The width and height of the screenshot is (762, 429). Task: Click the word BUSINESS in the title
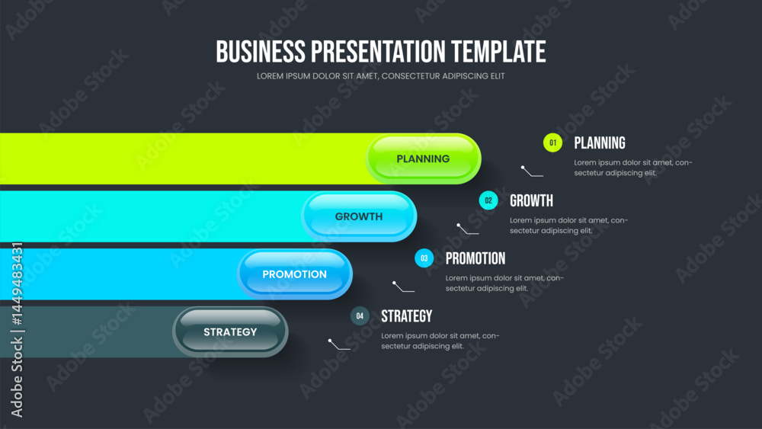tap(261, 52)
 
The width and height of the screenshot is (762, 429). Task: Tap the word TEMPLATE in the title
tap(498, 52)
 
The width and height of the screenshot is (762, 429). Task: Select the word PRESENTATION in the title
tap(378, 52)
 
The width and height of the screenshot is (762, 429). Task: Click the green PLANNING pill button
tap(423, 158)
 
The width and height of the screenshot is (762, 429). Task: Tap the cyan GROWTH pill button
tap(359, 216)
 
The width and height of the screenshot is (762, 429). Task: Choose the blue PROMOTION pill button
tap(294, 274)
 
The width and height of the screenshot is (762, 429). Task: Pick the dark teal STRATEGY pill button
tap(230, 331)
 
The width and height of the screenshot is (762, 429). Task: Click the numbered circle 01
tap(552, 142)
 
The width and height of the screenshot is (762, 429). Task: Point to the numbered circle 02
tap(488, 200)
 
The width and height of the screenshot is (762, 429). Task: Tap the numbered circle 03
tap(424, 258)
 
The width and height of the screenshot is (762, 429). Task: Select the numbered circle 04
tap(360, 315)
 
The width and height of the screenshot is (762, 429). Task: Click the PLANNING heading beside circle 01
tap(600, 142)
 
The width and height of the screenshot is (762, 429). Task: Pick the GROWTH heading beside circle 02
tap(531, 200)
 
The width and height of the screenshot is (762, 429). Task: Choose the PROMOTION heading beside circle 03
tap(475, 258)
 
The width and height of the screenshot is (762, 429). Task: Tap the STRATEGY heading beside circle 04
tap(406, 316)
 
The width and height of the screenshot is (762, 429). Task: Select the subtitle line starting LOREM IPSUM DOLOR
tap(380, 76)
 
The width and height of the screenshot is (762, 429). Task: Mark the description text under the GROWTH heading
tap(568, 226)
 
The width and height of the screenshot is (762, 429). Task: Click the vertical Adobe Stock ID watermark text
tap(17, 331)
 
